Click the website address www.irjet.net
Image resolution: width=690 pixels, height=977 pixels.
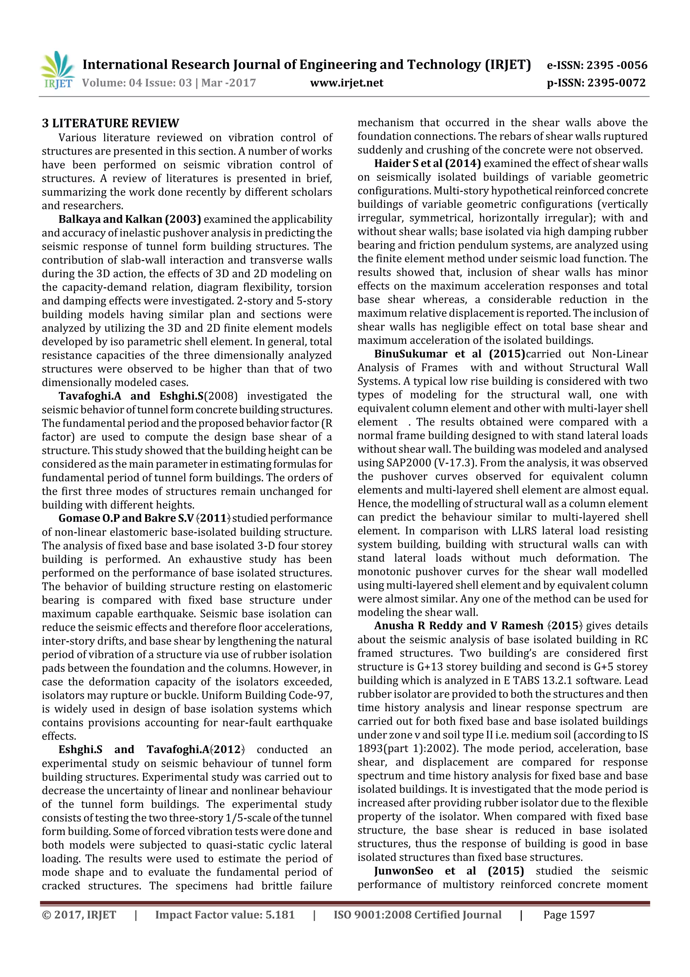[x=346, y=83]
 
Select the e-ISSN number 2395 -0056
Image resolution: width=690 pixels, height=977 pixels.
[x=617, y=65]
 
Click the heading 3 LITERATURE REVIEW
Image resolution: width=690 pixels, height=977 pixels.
[x=111, y=123]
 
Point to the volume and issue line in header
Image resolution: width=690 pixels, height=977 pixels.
[x=169, y=83]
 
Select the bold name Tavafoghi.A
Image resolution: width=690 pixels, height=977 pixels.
[x=90, y=396]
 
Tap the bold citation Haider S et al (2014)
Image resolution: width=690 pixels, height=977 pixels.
[x=427, y=164]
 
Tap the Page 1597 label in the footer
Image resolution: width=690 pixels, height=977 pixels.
[x=568, y=915]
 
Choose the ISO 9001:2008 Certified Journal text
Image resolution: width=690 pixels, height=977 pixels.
[x=417, y=915]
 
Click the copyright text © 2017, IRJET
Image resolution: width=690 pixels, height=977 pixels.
[x=79, y=915]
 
